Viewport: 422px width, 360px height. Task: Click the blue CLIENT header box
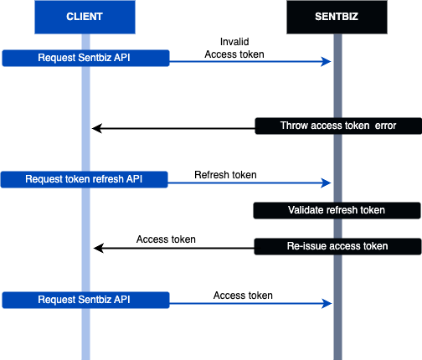coord(85,17)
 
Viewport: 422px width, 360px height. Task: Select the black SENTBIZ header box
coord(337,17)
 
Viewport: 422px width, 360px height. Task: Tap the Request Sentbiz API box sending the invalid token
coord(85,58)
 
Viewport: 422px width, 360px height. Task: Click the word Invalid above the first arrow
coord(234,42)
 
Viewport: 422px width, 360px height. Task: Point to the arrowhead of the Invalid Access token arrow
coord(326,62)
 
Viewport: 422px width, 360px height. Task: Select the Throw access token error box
coord(338,126)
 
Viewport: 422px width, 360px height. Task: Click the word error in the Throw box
coord(385,126)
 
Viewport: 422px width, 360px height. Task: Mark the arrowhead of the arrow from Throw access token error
coord(97,129)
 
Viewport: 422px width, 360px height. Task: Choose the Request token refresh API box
coord(84,179)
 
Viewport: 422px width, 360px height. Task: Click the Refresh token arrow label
coord(225,175)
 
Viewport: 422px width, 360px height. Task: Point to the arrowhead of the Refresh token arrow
coord(326,183)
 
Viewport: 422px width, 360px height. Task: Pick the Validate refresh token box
coord(337,210)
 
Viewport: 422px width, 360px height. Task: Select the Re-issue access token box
coord(337,246)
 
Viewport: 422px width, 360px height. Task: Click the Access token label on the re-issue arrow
coord(166,239)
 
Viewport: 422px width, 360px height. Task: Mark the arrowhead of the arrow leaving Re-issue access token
coord(99,248)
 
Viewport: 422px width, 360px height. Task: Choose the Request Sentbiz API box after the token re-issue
coord(85,300)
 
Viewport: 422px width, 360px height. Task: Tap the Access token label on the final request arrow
coord(243,296)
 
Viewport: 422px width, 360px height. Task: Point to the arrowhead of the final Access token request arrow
coord(327,304)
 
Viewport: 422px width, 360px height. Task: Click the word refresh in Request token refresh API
coord(107,179)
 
